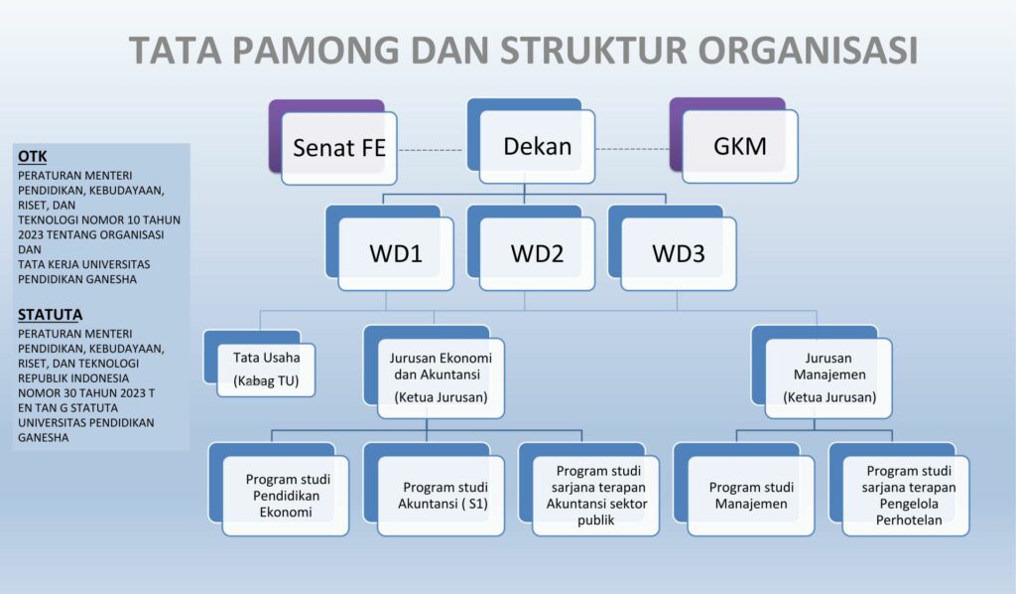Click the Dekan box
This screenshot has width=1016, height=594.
point(537,147)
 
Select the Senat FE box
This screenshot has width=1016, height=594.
point(338,148)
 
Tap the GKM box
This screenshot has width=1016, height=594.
point(739,147)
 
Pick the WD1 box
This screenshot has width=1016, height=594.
point(396,253)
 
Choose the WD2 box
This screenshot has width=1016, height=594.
point(537,253)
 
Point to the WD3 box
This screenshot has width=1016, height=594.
point(679,253)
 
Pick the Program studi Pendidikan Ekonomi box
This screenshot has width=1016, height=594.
point(287,495)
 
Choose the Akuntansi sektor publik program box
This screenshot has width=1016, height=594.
point(596,495)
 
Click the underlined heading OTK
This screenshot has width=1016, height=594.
point(33,157)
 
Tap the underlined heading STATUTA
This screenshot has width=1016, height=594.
point(50,315)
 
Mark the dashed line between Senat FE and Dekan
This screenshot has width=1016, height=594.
point(430,150)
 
